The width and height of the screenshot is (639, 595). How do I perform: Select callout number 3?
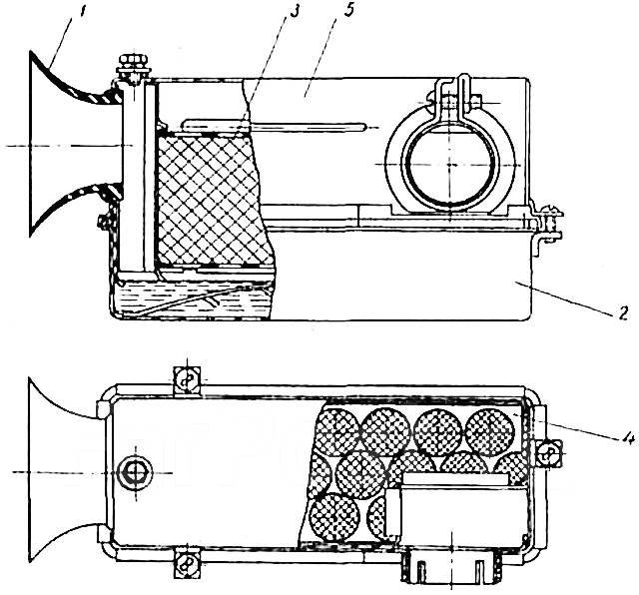(x=294, y=12)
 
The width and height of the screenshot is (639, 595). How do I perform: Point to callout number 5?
(x=348, y=12)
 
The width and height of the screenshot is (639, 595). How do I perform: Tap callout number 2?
(x=622, y=313)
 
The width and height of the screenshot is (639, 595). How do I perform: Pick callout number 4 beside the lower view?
(x=625, y=439)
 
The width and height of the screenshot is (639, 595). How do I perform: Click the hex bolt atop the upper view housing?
(x=133, y=65)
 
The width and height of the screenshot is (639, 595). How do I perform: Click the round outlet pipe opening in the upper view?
(x=450, y=165)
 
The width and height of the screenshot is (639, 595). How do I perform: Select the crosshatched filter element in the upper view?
(x=212, y=200)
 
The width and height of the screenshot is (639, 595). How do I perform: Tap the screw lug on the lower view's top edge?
(x=187, y=380)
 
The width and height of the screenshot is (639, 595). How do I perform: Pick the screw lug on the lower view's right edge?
(x=548, y=452)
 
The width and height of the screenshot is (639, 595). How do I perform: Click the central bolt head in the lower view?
(x=134, y=472)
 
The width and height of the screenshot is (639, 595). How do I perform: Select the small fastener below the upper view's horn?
(x=104, y=222)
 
